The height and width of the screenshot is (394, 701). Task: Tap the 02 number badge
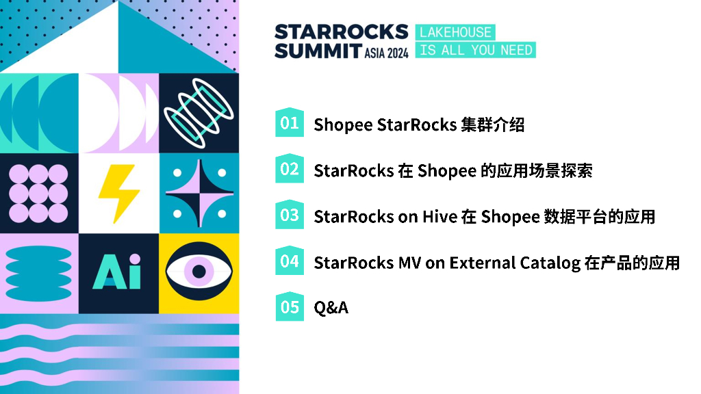290,168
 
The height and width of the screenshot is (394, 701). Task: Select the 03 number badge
290,214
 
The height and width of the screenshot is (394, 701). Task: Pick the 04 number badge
290,260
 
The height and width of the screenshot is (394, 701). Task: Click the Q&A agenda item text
331,307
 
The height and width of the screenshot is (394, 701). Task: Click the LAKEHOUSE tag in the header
455,32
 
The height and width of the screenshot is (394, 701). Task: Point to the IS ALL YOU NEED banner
476,50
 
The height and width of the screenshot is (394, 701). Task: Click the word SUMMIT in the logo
318,51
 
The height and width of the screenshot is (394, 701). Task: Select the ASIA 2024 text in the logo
386,53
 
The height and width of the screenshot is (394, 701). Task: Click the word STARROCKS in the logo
341,31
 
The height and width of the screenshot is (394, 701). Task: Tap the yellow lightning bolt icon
118,194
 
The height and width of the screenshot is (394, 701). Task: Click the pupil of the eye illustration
199,271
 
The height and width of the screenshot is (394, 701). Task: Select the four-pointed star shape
199,194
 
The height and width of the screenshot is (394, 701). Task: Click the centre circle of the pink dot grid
38,194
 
